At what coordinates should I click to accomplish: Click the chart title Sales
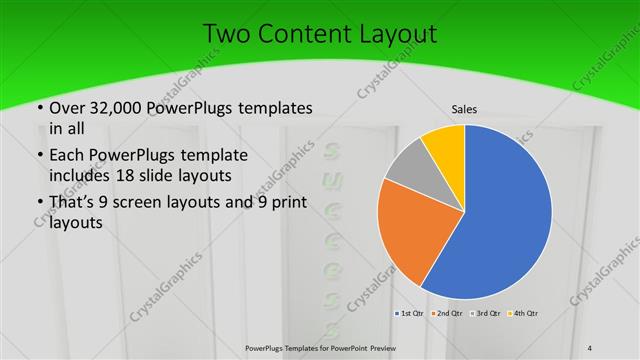click(464, 108)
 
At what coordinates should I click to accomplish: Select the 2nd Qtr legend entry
click(448, 314)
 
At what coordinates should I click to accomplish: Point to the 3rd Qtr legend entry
click(486, 314)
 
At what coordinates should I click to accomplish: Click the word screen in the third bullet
click(146, 205)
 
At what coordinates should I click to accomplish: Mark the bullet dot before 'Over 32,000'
click(39, 108)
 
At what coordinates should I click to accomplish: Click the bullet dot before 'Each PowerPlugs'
click(39, 156)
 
